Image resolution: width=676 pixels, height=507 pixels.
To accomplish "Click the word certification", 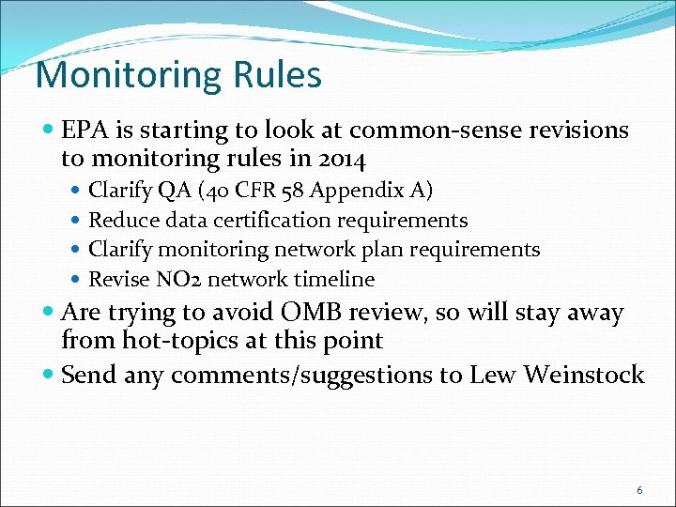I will [281, 221].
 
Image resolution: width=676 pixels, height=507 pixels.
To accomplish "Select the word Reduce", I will [121, 221].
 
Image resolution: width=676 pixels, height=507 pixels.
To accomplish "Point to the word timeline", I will [333, 279].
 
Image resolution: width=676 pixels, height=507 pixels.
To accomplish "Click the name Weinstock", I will [583, 375].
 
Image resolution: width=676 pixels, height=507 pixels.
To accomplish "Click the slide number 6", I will [639, 490].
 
